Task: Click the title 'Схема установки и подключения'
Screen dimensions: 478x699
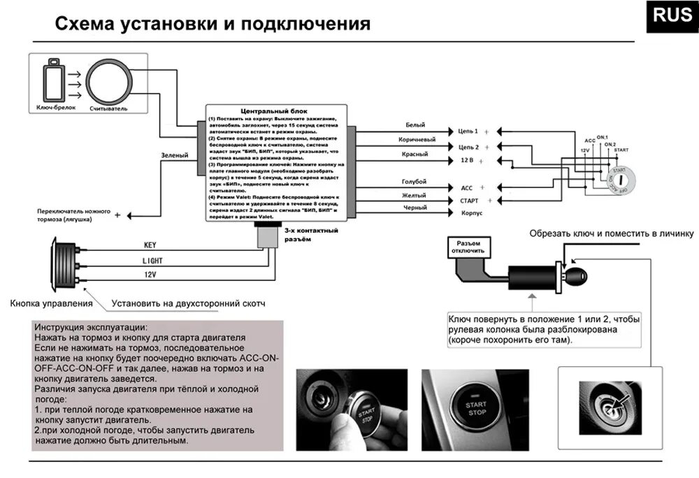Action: (x=212, y=25)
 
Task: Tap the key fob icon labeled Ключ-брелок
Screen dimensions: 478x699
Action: (x=53, y=82)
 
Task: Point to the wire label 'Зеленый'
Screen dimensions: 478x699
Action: (x=174, y=155)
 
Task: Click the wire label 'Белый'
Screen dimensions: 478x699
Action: (x=415, y=125)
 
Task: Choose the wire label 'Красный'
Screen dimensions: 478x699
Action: (x=415, y=154)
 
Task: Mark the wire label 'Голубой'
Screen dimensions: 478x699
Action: (x=415, y=182)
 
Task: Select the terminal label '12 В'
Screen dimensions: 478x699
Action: (x=467, y=161)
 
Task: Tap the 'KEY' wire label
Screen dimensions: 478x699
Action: (x=150, y=245)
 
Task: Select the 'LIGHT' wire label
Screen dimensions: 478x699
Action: (x=152, y=260)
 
